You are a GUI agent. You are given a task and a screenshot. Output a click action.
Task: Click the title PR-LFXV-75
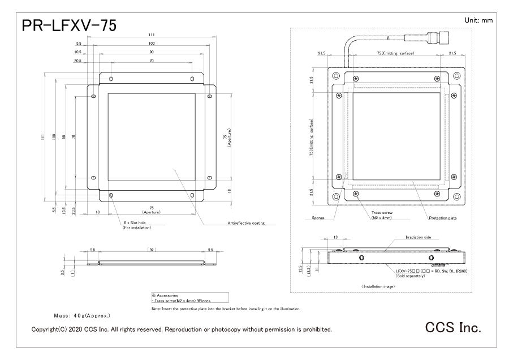69,25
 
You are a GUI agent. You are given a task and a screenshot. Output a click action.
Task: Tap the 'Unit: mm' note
478,20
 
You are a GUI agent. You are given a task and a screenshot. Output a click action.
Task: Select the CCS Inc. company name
453,327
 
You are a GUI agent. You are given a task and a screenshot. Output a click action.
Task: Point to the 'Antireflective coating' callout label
246,223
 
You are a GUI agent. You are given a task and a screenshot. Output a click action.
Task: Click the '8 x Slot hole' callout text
135,223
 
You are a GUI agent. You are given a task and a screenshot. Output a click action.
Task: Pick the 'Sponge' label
318,218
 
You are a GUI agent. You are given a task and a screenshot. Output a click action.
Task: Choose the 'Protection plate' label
442,218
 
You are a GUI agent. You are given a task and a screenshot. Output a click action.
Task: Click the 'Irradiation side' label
418,238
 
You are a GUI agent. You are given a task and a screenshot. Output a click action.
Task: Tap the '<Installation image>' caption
378,286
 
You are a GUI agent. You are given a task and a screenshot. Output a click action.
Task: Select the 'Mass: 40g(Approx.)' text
82,315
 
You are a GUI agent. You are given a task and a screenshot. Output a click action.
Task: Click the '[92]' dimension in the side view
152,250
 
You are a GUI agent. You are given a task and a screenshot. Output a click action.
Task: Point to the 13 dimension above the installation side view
335,237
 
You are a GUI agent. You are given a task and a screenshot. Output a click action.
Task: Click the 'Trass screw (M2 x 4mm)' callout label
382,215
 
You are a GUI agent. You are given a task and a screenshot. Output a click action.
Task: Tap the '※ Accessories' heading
165,295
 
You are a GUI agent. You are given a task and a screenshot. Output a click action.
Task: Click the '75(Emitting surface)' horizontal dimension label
395,53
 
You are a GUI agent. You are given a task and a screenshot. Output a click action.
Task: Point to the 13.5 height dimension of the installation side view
300,269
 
